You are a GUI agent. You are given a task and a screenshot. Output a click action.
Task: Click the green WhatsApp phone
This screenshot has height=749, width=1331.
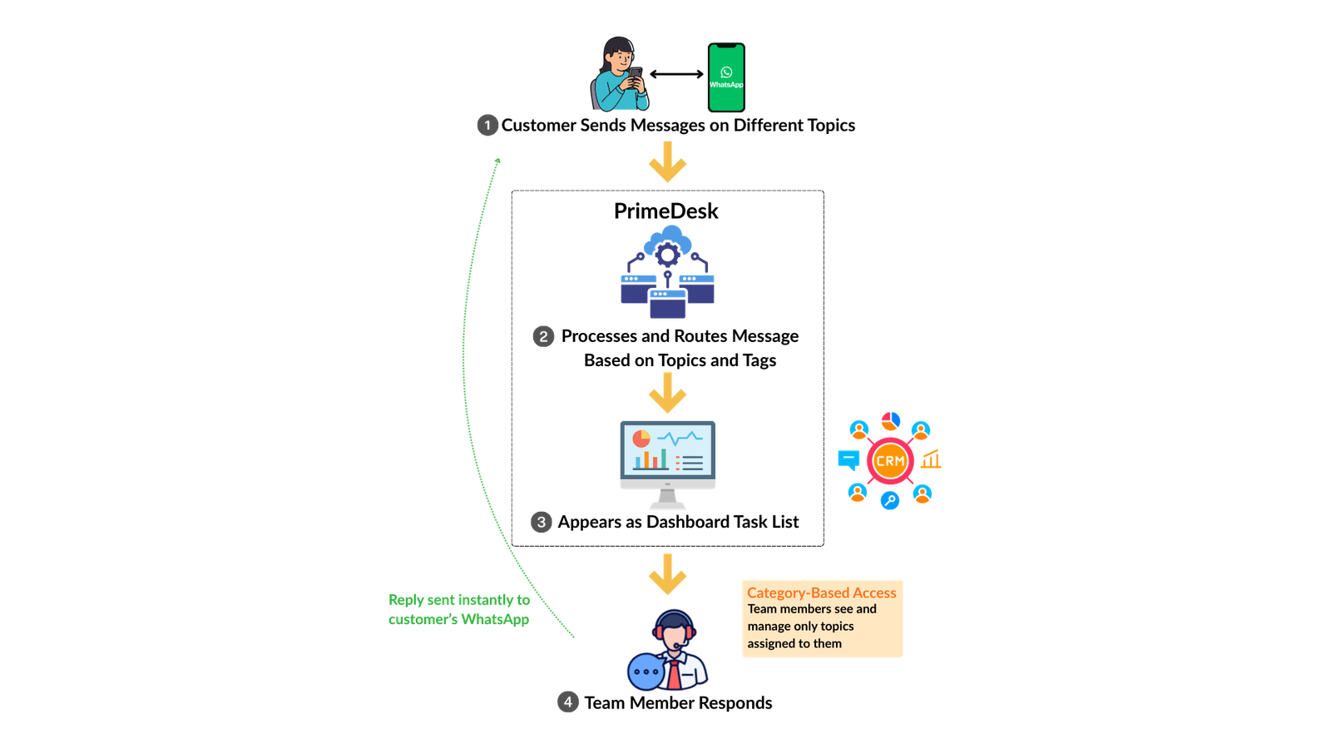(x=726, y=77)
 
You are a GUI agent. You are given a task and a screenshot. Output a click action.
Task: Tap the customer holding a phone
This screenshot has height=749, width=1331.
(x=620, y=75)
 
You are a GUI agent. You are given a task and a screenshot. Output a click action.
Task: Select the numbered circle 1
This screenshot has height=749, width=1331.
(x=487, y=126)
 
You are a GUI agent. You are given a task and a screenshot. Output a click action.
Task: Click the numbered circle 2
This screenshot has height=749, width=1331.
(x=543, y=336)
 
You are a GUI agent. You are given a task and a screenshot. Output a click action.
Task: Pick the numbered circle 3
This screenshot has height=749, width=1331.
(x=541, y=522)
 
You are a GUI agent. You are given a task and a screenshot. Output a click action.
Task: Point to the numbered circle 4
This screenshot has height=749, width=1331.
(x=568, y=701)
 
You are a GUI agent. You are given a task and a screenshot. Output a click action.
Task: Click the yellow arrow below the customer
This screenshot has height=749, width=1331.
(x=667, y=163)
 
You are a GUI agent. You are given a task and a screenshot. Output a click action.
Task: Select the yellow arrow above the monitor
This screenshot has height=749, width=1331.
(x=667, y=393)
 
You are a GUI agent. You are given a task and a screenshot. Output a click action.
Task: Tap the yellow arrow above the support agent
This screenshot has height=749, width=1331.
(x=667, y=575)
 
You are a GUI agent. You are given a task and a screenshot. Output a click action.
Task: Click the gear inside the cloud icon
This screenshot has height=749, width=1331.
(x=667, y=253)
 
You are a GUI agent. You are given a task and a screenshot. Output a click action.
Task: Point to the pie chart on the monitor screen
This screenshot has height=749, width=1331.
(x=641, y=438)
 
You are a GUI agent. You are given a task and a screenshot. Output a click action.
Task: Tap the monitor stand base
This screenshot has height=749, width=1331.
(x=667, y=506)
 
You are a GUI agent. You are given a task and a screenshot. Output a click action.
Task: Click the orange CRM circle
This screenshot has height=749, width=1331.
(x=889, y=460)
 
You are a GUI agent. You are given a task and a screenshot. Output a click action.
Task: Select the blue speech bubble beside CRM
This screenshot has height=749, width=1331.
(x=849, y=459)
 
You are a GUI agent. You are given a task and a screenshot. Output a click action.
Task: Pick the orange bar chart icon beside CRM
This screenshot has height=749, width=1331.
(x=932, y=459)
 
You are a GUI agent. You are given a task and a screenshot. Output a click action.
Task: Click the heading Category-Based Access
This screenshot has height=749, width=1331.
(x=821, y=593)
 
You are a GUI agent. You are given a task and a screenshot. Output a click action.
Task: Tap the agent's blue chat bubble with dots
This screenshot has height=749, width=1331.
(x=646, y=672)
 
